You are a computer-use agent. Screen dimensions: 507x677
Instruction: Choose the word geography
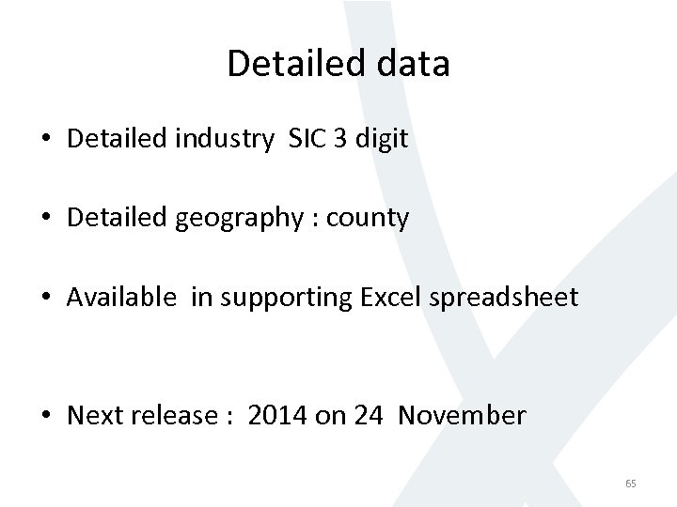pyautogui.click(x=236, y=219)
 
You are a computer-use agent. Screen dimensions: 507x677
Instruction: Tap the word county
pyautogui.click(x=368, y=219)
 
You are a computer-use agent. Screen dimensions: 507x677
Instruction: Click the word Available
pyautogui.click(x=121, y=298)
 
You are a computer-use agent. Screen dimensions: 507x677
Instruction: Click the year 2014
pyautogui.click(x=278, y=415)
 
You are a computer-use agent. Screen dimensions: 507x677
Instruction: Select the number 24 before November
pyautogui.click(x=369, y=415)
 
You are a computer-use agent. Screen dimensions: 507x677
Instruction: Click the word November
pyautogui.click(x=462, y=415)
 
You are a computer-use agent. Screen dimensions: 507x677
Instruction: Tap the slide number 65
pyautogui.click(x=630, y=484)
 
